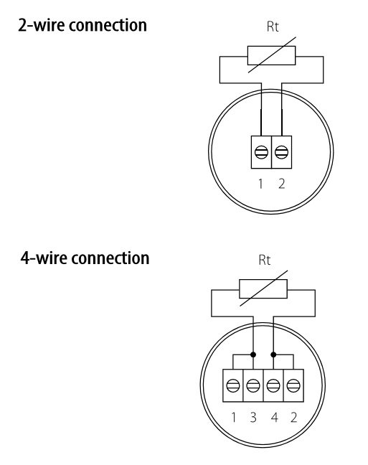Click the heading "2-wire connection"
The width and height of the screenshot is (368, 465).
[82, 25]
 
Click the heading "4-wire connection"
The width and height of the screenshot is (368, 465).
[85, 258]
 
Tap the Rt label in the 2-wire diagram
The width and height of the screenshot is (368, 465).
[273, 27]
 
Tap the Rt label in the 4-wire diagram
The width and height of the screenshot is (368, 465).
[265, 260]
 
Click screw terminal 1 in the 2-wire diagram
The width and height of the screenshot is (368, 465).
[261, 152]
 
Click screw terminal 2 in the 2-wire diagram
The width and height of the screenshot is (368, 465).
[281, 152]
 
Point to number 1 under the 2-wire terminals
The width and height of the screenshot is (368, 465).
[260, 184]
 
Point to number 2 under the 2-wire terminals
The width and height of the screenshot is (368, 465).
[282, 184]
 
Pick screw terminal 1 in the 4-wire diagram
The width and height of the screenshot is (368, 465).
[233, 385]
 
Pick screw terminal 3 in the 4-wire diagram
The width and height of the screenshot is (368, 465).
[253, 385]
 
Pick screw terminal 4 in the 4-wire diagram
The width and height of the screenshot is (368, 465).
[273, 385]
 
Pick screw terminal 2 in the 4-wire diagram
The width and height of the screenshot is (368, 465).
[293, 385]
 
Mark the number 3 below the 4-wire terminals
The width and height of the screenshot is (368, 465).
[253, 417]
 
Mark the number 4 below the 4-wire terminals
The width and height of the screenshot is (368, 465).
[274, 417]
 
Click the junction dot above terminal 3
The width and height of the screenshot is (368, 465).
[253, 354]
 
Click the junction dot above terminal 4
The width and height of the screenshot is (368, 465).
[273, 354]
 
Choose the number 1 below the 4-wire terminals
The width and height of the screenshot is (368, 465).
[233, 417]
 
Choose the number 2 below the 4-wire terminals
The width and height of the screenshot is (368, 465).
[293, 417]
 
